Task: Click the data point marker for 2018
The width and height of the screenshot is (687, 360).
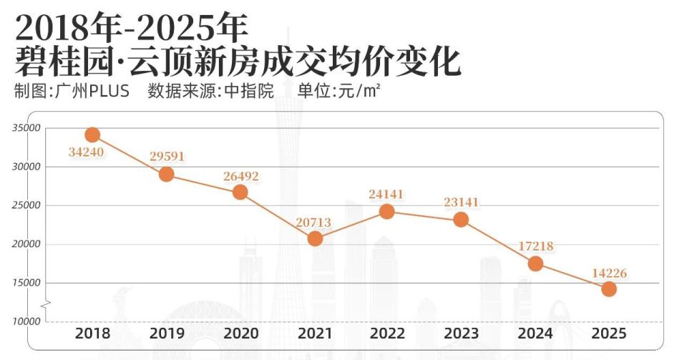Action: coord(92,135)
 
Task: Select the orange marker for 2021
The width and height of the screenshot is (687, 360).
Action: coord(315,238)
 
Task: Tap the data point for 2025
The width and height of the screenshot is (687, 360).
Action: coord(609,288)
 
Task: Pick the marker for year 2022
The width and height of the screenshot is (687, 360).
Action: coord(387,211)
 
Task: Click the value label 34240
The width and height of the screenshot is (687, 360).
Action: coord(87,153)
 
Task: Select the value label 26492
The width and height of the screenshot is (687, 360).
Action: coord(240,175)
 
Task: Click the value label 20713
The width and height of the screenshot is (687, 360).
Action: coord(313,223)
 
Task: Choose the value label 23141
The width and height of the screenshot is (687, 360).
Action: coord(461,203)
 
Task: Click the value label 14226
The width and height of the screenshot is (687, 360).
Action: coord(609,272)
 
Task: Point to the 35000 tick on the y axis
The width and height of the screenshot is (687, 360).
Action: coord(26,128)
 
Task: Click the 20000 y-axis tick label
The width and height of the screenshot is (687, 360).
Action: coord(26,244)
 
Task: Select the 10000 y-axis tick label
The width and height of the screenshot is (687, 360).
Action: coord(26,321)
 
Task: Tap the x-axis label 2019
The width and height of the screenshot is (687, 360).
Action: coord(167,334)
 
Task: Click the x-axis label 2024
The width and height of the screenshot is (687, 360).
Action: coord(535,334)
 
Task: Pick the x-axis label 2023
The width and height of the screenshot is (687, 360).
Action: coord(462,334)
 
